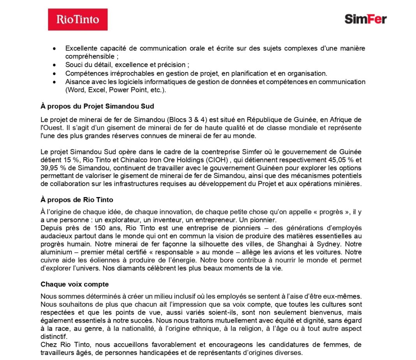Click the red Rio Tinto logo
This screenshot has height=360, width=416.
(78, 19)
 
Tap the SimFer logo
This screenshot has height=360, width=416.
(365, 19)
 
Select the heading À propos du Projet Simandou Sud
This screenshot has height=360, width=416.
(97, 106)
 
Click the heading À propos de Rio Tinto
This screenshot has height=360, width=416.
(77, 200)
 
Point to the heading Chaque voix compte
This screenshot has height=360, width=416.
(74, 284)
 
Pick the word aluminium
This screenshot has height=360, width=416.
(55, 252)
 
